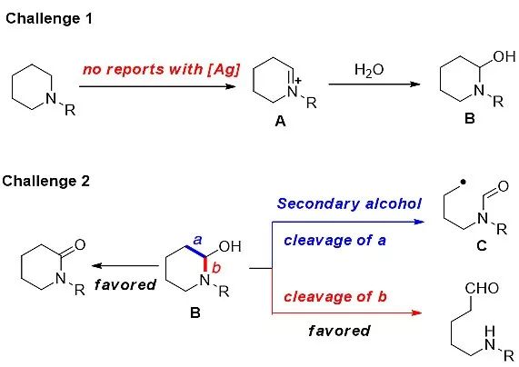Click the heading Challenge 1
(x=49, y=19)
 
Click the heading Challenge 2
(x=46, y=181)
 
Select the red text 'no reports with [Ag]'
(x=161, y=70)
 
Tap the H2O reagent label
(x=369, y=70)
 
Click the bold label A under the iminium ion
(x=280, y=122)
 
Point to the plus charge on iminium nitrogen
(x=298, y=81)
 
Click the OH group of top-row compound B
(x=504, y=56)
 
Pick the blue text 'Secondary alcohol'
(x=349, y=203)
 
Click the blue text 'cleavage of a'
(x=334, y=240)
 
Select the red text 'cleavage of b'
(x=335, y=296)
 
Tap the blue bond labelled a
(x=196, y=251)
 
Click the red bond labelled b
(x=205, y=264)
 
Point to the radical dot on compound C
(x=463, y=182)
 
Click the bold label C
(x=482, y=245)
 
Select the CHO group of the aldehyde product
(x=482, y=288)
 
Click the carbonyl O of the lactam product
(x=80, y=244)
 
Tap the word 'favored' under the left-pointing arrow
(x=125, y=284)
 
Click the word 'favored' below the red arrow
(x=339, y=331)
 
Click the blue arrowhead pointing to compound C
(x=418, y=222)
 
